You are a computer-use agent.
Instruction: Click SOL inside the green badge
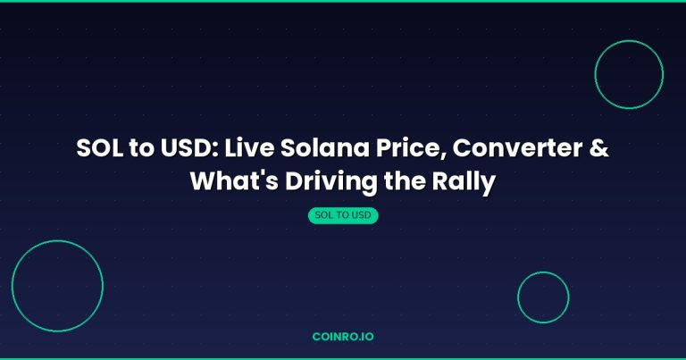click(325, 215)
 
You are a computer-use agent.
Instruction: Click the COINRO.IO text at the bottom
click(343, 337)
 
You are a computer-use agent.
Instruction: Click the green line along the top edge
click(343, 1)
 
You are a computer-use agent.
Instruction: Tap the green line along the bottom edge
click(343, 358)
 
